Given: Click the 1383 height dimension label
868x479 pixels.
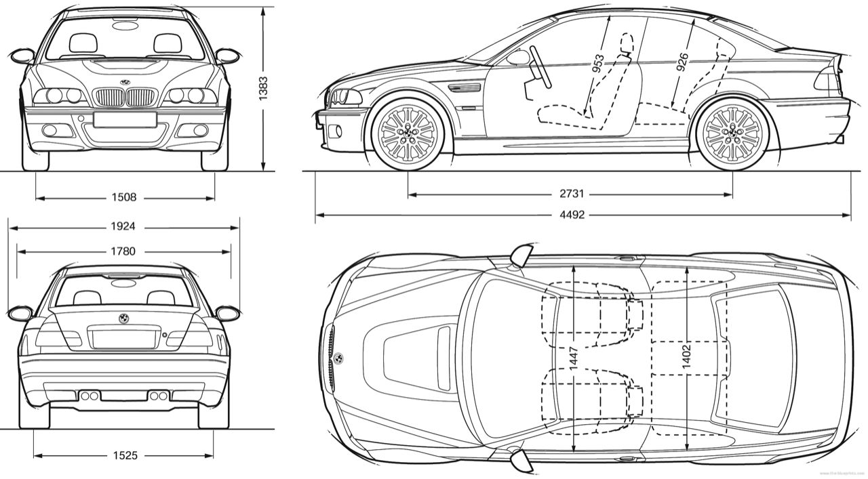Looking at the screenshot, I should click(263, 88).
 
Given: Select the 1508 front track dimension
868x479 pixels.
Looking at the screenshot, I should click(125, 198).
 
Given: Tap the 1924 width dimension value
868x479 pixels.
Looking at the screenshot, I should click(123, 226).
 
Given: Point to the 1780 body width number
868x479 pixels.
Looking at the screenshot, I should click(123, 251).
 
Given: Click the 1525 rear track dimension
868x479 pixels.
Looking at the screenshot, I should click(123, 455).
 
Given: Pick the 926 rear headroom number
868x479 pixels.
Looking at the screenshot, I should click(682, 63).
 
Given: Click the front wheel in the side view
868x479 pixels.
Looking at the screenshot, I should click(407, 133).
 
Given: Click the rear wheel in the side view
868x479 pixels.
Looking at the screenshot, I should click(732, 133).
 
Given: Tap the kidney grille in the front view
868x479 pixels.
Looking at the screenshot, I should click(125, 98).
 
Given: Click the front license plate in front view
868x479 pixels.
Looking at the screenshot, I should click(125, 119).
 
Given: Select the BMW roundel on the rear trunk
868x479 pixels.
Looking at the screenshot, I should click(123, 318).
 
